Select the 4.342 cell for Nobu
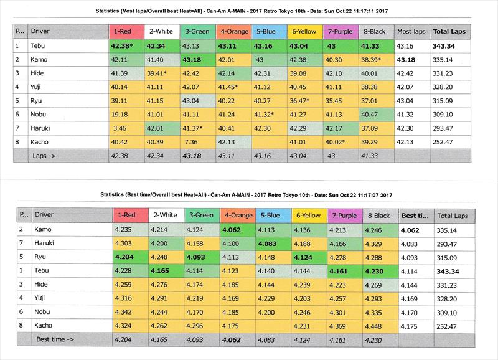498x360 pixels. point(124,311)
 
